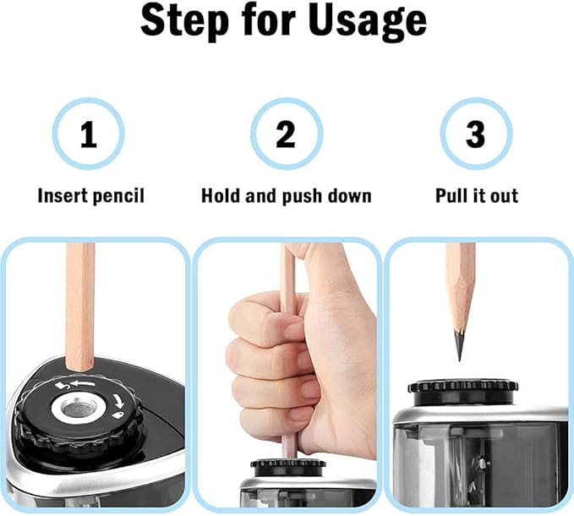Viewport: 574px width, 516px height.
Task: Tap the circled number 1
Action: pos(88,134)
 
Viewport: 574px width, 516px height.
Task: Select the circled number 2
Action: pos(286,134)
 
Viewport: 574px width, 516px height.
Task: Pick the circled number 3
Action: pos(476,134)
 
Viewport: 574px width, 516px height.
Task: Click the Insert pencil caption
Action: pos(90,196)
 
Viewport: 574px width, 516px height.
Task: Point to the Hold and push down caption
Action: pos(286,196)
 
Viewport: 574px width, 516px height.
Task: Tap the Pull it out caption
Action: pos(476,196)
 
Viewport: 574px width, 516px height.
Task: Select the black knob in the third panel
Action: pos(462,389)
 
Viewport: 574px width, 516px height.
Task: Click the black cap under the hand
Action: pos(288,465)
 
